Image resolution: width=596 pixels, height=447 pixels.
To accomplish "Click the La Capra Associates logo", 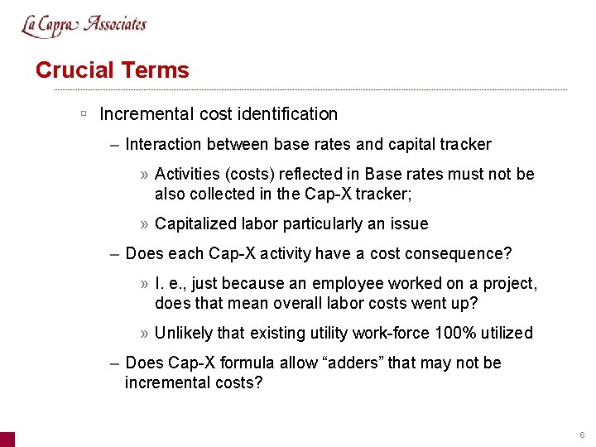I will [x=84, y=25].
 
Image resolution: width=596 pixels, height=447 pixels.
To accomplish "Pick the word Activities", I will [x=185, y=175].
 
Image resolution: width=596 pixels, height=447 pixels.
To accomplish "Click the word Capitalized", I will [x=194, y=224].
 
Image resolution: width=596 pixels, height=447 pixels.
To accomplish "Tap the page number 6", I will [x=582, y=435].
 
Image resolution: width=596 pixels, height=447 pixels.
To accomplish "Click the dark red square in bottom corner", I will [x=7, y=440].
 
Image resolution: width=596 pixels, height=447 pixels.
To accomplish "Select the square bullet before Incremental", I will [x=84, y=113].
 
